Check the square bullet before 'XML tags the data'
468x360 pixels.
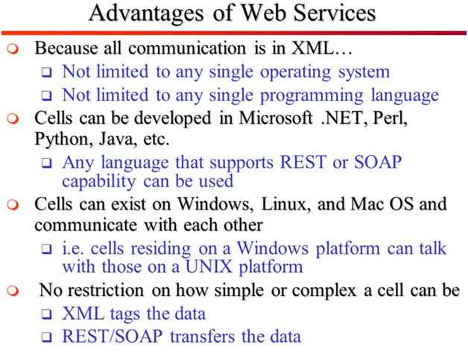[x=46, y=315]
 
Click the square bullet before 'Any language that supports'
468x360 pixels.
[x=46, y=162]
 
